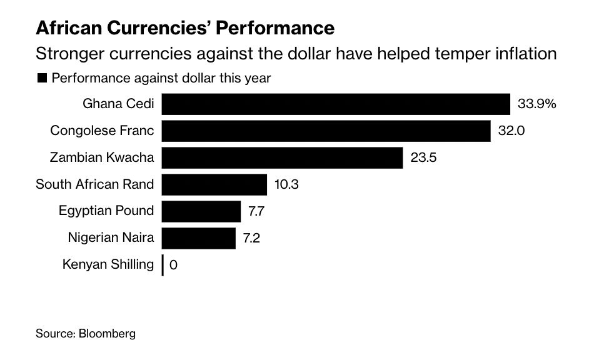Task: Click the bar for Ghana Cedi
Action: pyautogui.click(x=336, y=104)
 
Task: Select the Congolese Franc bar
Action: pyautogui.click(x=326, y=131)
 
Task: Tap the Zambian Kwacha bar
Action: pyautogui.click(x=282, y=157)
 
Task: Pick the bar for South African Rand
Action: pyautogui.click(x=214, y=184)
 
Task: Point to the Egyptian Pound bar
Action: pyautogui.click(x=201, y=211)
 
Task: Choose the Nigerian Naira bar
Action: pyautogui.click(x=199, y=238)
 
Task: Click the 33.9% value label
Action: pyautogui.click(x=536, y=104)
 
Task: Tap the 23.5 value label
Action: pyautogui.click(x=423, y=157)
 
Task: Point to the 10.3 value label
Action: pyautogui.click(x=288, y=184)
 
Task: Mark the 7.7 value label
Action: pyautogui.click(x=256, y=211)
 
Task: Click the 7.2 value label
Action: pyautogui.click(x=251, y=238)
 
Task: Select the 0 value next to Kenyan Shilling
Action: pyautogui.click(x=173, y=265)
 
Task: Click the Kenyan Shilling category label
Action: pyautogui.click(x=108, y=264)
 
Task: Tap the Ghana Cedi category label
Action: pyautogui.click(x=118, y=104)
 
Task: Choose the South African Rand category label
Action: pyautogui.click(x=94, y=184)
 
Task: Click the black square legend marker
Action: pyautogui.click(x=43, y=78)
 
